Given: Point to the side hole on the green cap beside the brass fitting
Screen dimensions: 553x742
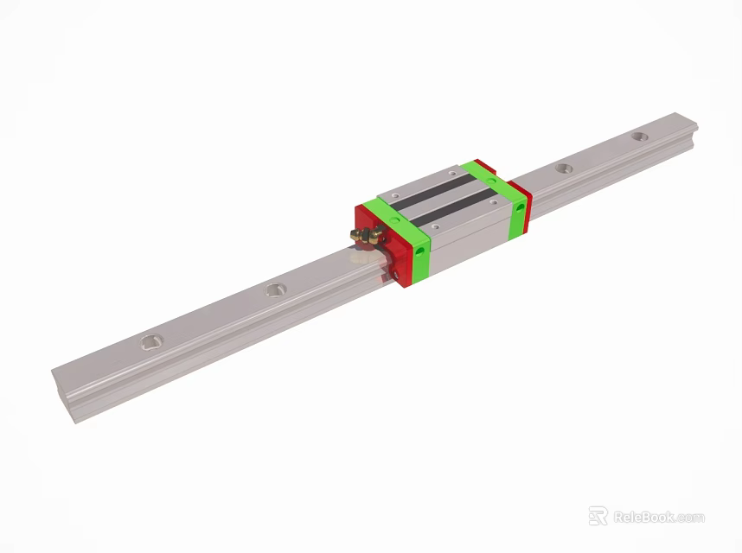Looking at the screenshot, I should point(420,253).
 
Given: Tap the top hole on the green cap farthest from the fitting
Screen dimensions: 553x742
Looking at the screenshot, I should point(490,181).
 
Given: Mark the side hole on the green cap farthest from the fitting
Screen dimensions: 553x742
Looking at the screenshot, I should point(520,208).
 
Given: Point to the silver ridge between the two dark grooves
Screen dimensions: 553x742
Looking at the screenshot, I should point(440,197).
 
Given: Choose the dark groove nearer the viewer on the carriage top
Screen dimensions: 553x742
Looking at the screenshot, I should point(457,208).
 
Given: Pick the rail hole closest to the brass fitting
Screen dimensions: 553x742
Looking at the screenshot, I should point(276,289).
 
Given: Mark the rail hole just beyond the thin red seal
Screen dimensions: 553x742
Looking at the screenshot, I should point(564,168).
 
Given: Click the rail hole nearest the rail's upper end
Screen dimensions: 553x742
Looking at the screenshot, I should point(638,137).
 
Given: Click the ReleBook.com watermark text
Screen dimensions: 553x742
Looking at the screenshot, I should point(658,518).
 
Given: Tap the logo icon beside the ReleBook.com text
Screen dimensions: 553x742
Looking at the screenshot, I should point(598,516).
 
